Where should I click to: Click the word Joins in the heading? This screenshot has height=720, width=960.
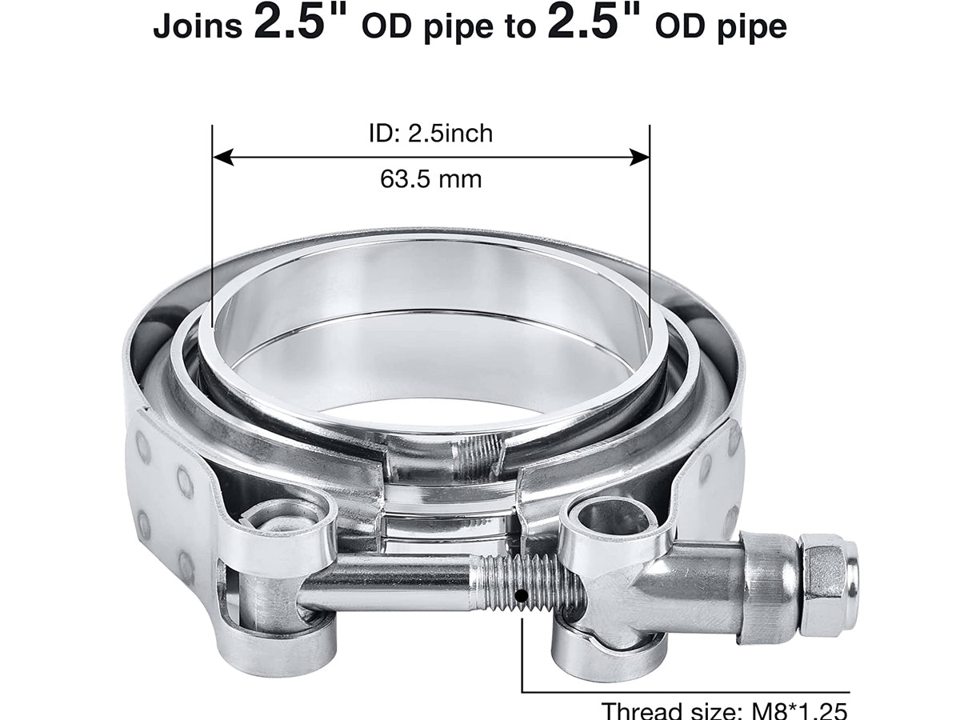(x=198, y=26)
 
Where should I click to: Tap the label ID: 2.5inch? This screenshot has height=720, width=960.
(x=430, y=133)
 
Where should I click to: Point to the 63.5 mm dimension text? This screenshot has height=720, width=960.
(x=430, y=178)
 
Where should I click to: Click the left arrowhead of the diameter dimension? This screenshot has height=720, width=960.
(x=223, y=157)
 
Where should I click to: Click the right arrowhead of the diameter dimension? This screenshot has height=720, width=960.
(x=639, y=157)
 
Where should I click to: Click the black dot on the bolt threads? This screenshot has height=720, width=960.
(x=521, y=595)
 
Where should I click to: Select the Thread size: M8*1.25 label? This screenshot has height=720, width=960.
(x=725, y=710)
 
